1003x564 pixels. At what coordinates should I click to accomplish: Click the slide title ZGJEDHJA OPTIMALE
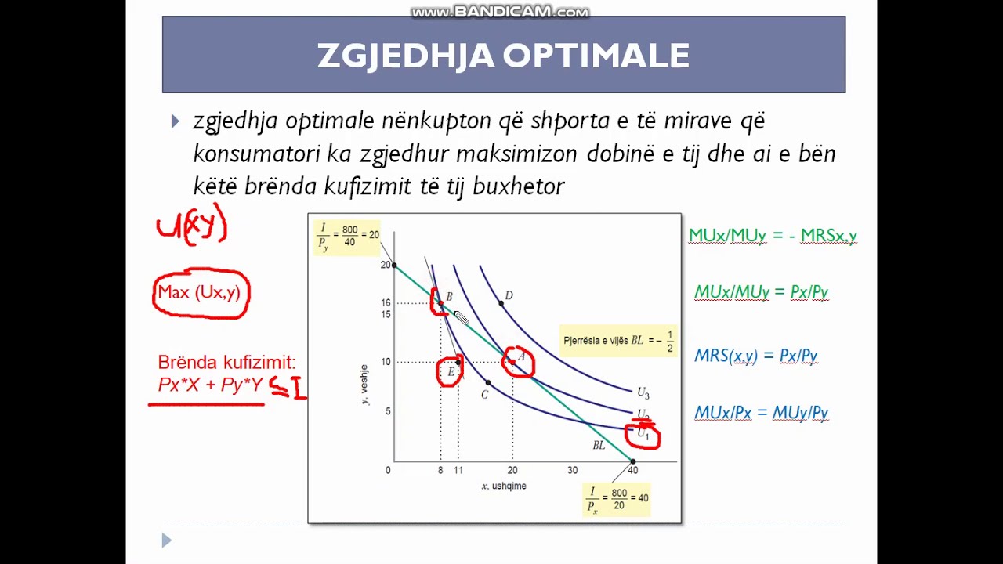point(503,56)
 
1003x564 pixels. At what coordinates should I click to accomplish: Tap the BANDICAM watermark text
point(500,12)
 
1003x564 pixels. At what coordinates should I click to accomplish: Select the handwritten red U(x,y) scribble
point(192,226)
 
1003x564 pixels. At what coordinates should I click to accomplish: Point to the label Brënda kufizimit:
point(226,362)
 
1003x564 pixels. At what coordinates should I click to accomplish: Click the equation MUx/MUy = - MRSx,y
point(773,235)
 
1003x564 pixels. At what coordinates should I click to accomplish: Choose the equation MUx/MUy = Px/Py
point(761,292)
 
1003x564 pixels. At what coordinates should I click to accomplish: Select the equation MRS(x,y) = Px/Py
point(755,356)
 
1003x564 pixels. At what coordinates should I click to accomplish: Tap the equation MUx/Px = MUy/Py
point(761,413)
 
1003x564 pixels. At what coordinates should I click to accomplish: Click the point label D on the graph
point(509,295)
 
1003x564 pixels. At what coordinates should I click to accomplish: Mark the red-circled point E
point(451,371)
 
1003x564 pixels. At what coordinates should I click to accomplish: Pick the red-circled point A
point(519,361)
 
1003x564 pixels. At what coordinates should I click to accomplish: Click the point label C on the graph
point(484,394)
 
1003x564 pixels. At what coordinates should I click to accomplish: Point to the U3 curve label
point(643,392)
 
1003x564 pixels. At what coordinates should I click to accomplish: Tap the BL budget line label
point(599,445)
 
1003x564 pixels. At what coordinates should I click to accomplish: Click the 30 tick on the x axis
point(572,470)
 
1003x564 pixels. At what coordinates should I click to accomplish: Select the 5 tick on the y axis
point(387,411)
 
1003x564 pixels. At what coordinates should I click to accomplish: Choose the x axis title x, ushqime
point(504,486)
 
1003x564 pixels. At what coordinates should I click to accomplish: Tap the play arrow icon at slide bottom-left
point(166,540)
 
